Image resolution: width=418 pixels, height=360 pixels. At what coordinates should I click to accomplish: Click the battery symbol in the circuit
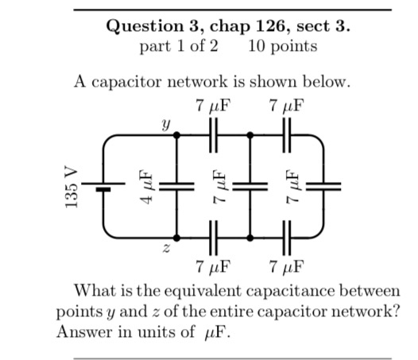pos(102,187)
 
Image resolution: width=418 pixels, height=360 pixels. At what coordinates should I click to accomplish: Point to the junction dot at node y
pos(176,136)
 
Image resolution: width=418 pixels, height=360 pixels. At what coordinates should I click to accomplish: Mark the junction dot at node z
pos(176,237)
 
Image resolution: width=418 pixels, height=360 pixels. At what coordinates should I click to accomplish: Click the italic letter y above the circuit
pos(165,124)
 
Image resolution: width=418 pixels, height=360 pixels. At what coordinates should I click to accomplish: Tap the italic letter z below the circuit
pos(165,250)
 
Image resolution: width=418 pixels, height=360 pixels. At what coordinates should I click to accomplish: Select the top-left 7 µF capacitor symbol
pos(213,136)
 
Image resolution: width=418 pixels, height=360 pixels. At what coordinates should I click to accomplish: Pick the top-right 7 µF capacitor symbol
pos(287,136)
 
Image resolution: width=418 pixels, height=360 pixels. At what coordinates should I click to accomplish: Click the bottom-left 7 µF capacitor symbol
pos(213,237)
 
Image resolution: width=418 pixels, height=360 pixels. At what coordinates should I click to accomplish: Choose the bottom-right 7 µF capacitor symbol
pos(287,237)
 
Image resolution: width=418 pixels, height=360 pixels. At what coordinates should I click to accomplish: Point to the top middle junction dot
pos(250,136)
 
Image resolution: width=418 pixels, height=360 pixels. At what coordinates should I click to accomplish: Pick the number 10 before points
pos(257,45)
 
